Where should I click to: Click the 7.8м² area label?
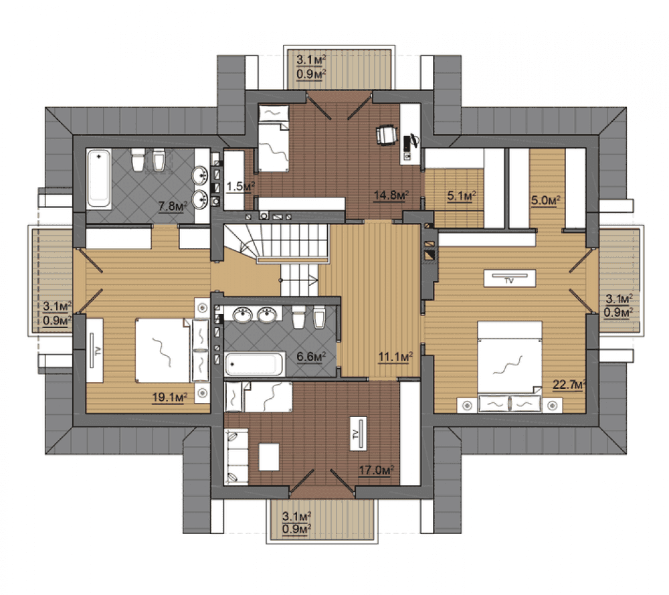tap(173, 207)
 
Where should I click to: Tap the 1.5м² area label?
tap(240, 187)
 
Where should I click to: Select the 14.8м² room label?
tap(391, 195)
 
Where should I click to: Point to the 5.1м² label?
tap(462, 196)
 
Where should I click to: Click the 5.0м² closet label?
tap(545, 201)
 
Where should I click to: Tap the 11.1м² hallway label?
tap(395, 357)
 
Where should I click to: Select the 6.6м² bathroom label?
tap(311, 357)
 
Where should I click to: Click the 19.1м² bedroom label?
tap(170, 398)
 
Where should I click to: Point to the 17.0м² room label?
tap(376, 471)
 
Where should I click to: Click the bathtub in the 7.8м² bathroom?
tap(99, 179)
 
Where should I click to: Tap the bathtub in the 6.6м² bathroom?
tap(254, 364)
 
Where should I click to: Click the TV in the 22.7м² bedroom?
tap(509, 278)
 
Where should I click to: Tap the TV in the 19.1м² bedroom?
tap(95, 350)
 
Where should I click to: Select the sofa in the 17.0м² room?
tap(236, 457)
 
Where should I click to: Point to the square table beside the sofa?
tap(269, 457)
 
